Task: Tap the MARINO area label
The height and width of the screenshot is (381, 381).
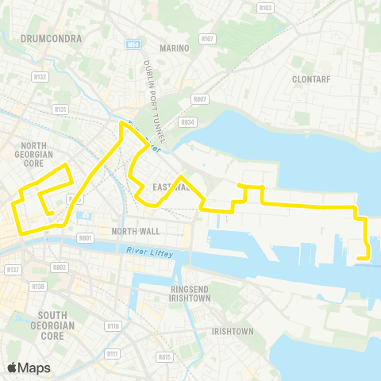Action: [x=175, y=48]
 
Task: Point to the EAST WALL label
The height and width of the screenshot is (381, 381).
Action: [x=169, y=187]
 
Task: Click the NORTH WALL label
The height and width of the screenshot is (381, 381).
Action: [x=136, y=231]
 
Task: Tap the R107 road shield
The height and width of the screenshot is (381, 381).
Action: [x=208, y=38]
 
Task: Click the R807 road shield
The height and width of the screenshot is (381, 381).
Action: [x=199, y=100]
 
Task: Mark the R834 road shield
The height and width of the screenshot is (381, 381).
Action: [x=188, y=122]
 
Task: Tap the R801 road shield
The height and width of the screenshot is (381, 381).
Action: [x=86, y=237]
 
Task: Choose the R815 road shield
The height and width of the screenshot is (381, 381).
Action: [x=164, y=358]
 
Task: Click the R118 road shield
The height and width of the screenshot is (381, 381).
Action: [x=113, y=326]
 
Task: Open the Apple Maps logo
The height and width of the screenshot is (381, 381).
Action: [x=29, y=368]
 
